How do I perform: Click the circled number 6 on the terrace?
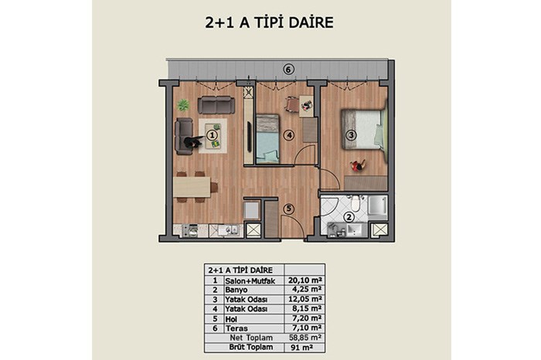click(x=289, y=70)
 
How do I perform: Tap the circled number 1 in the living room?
click(x=213, y=135)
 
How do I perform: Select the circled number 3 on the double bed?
click(x=351, y=135)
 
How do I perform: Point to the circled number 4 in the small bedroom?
click(x=289, y=135)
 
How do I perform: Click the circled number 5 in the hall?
click(x=289, y=209)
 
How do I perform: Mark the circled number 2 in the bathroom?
click(x=349, y=217)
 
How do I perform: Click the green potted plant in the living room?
click(x=183, y=105)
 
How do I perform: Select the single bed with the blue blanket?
click(x=267, y=138)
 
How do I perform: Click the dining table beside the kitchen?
click(x=192, y=187)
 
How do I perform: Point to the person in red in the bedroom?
click(x=358, y=166)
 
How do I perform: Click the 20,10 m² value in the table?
click(x=305, y=280)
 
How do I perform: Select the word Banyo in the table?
click(x=236, y=290)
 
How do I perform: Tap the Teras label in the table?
click(x=236, y=328)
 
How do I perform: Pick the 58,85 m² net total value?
click(x=305, y=338)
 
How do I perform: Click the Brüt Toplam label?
click(x=251, y=347)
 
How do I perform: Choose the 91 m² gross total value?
click(x=302, y=347)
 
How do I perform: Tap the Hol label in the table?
click(x=231, y=319)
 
